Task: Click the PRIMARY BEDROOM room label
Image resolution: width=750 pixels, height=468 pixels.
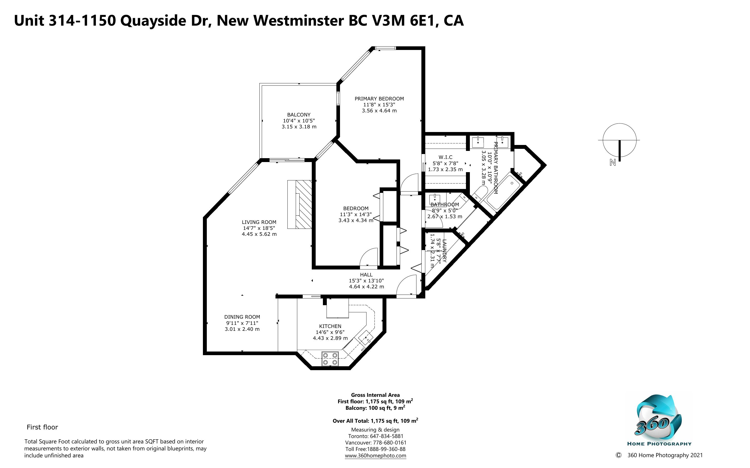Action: [379, 99]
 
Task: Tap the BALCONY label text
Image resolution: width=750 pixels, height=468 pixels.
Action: [299, 114]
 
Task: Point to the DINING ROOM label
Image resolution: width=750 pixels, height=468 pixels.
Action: [242, 317]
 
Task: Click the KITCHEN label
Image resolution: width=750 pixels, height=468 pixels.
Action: [330, 326]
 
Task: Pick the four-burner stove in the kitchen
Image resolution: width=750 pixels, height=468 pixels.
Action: [330, 359]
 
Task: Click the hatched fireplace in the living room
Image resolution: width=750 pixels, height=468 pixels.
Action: [300, 204]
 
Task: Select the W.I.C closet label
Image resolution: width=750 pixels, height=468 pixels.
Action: [445, 157]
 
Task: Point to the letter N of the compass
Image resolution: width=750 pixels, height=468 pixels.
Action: [612, 162]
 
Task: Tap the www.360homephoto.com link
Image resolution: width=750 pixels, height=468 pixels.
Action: [376, 456]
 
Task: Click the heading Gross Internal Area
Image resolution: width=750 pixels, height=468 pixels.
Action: [375, 395]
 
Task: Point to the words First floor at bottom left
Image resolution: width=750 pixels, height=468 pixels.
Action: [43, 427]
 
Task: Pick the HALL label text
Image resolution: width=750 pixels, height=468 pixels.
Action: [366, 275]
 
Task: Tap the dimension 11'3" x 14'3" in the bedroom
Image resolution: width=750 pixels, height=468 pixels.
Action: [356, 214]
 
